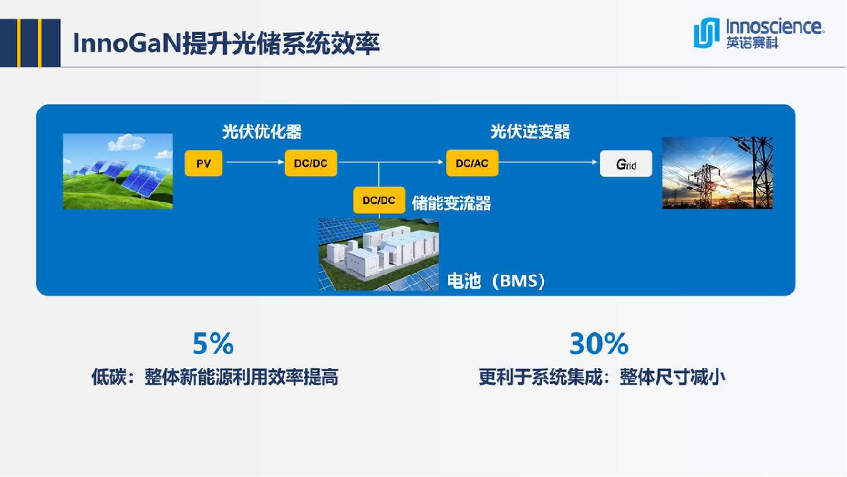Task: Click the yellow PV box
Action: [x=203, y=163]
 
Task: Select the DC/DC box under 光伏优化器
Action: [x=311, y=163]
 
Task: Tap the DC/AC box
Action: [x=472, y=163]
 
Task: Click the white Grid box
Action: [x=626, y=164]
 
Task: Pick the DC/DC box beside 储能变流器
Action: [x=379, y=201]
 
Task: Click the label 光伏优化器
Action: [x=262, y=132]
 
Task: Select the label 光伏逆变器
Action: [x=530, y=132]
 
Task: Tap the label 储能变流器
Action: [x=451, y=203]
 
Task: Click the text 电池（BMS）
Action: [x=496, y=281]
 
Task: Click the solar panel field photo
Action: [x=118, y=171]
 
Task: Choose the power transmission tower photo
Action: [x=717, y=173]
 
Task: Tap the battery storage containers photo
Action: [x=379, y=254]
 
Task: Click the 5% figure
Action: [x=213, y=344]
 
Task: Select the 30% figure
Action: [x=599, y=344]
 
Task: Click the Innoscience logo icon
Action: [x=706, y=32]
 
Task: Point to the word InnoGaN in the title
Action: [x=127, y=43]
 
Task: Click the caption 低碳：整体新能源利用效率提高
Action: [x=215, y=377]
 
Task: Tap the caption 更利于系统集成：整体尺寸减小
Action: [x=602, y=377]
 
